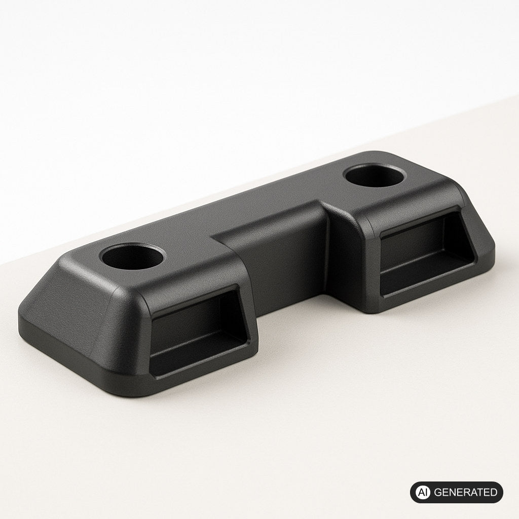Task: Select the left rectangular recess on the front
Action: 199,331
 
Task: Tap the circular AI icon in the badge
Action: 423,492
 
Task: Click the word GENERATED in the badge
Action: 465,492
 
